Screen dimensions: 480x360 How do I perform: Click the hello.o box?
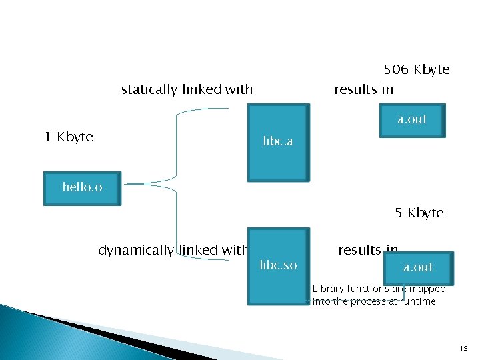coord(82,187)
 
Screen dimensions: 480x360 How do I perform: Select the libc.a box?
coord(278,142)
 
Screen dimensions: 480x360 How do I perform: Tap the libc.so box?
coord(278,265)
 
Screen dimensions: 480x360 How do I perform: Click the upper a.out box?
coord(412,120)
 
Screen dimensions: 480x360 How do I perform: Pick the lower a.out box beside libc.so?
coord(418,267)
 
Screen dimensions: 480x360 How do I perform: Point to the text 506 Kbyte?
coord(416,69)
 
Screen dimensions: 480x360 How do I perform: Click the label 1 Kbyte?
coord(69,137)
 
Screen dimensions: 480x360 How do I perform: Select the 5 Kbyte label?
coord(419,213)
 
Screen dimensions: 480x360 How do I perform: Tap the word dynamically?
coord(135,250)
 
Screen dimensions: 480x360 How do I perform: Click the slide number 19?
coord(463,349)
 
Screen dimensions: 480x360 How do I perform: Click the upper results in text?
coord(363,89)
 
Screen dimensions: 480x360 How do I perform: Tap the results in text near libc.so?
coord(367,250)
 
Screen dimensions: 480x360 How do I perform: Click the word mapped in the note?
coord(427,289)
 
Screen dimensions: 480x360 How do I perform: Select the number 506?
coord(397,69)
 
